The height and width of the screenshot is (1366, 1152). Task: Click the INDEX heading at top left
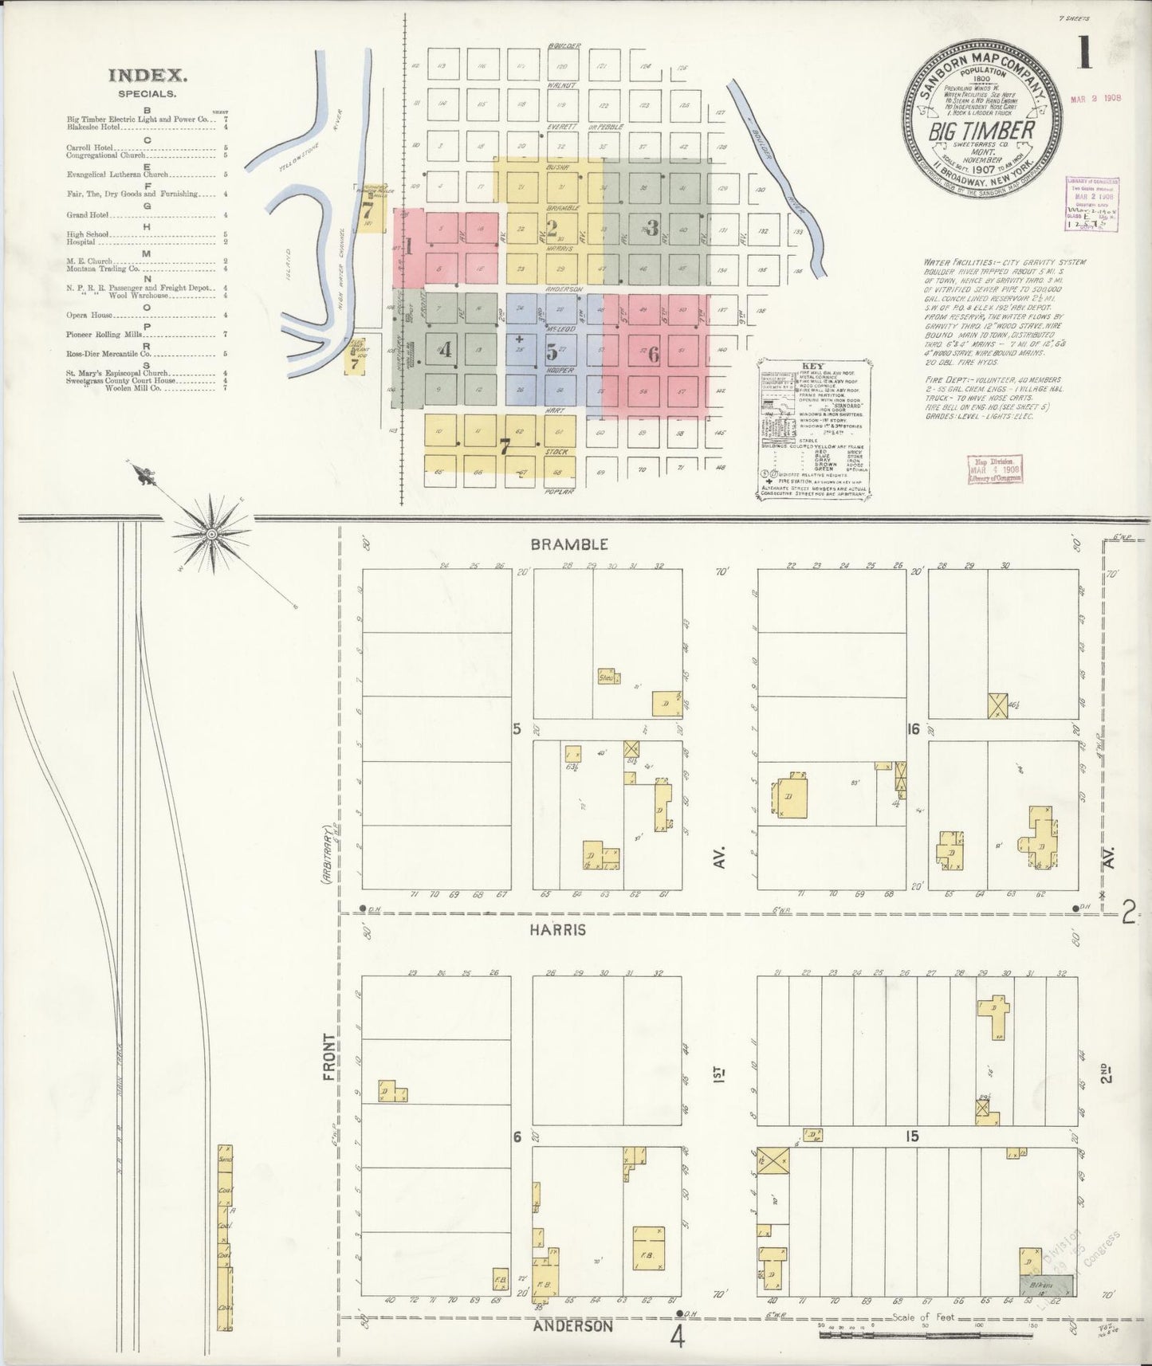(147, 77)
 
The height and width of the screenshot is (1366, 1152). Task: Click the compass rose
(211, 532)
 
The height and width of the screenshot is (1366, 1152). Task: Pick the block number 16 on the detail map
(914, 729)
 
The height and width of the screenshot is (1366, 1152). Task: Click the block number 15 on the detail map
(912, 1137)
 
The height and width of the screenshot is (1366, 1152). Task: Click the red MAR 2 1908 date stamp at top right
(1095, 100)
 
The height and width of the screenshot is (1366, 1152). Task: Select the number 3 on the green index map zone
(652, 229)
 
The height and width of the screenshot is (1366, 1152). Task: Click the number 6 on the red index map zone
(653, 355)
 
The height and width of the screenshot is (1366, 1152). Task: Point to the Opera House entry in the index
(89, 316)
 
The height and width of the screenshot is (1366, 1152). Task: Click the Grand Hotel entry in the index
(88, 215)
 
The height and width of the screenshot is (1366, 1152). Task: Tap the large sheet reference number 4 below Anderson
(678, 1338)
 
